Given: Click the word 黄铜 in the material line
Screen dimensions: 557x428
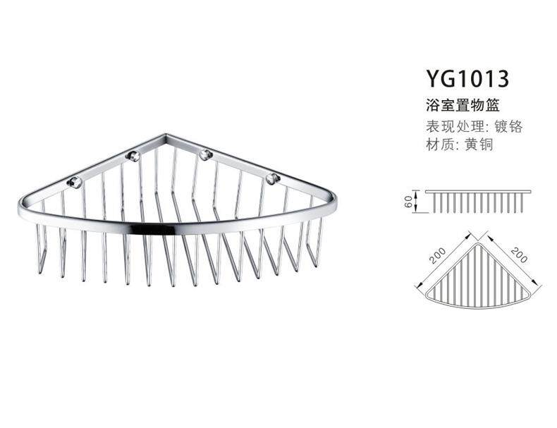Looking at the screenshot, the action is tap(478, 145).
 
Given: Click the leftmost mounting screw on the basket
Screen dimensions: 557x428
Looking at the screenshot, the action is tap(73, 183).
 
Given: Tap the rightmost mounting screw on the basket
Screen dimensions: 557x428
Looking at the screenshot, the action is tap(271, 178).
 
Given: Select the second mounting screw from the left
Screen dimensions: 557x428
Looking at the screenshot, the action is tap(131, 154).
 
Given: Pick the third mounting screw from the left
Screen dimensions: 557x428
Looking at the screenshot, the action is tap(205, 154).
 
